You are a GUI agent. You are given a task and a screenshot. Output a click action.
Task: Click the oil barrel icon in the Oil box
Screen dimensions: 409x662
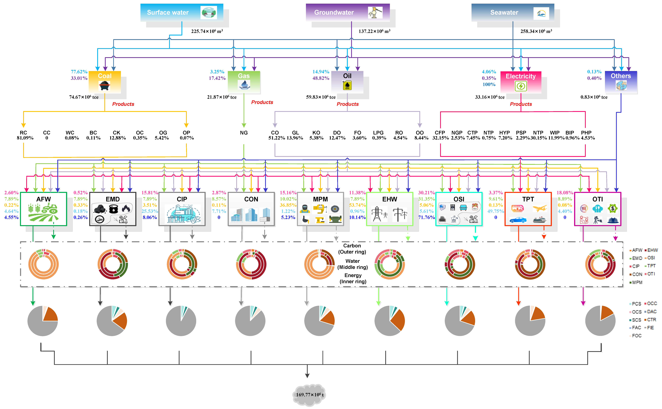[x=347, y=86]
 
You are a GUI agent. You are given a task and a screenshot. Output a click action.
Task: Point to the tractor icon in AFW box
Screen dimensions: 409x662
[x=50, y=209]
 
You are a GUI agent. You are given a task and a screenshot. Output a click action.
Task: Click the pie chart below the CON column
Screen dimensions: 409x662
[x=250, y=321]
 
